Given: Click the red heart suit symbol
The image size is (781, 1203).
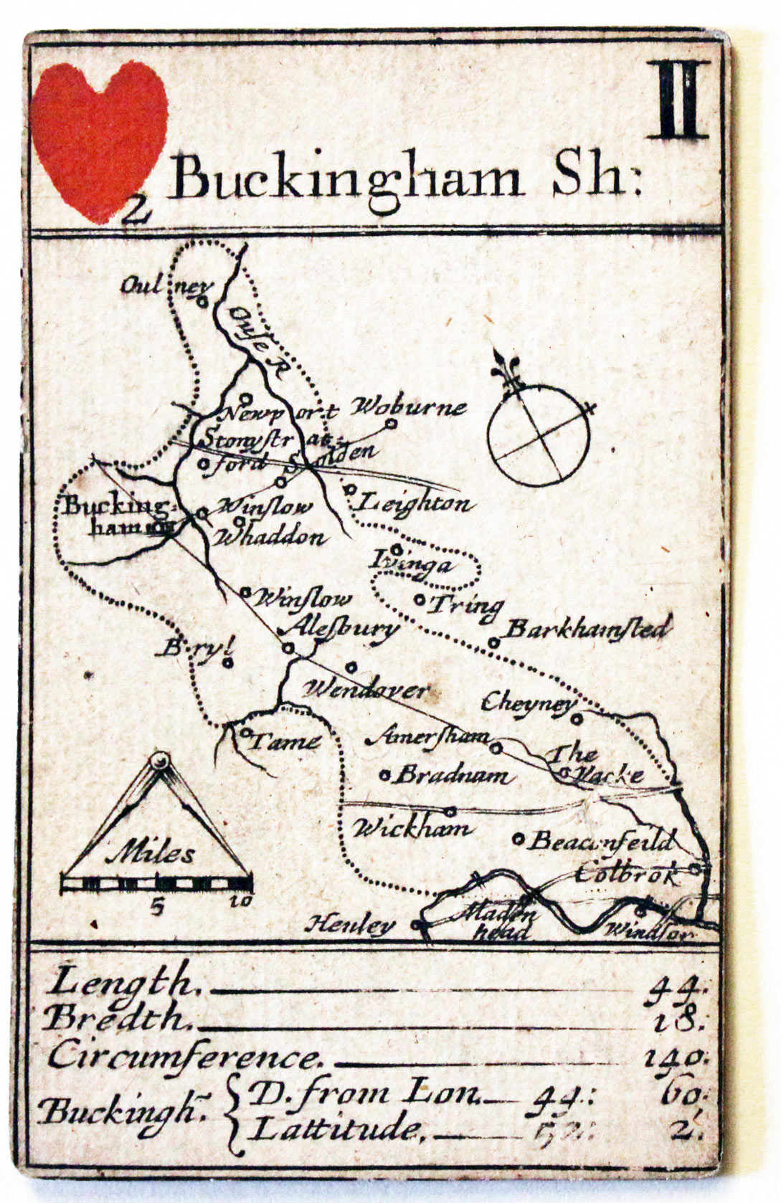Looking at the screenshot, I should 100,136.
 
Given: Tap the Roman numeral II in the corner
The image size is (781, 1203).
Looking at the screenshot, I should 678,100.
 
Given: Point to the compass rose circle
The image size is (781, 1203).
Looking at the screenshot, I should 538,437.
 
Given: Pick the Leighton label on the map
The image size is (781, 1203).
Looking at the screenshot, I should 415,503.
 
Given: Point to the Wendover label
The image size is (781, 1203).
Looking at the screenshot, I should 366,690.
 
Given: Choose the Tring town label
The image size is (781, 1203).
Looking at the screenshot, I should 465,606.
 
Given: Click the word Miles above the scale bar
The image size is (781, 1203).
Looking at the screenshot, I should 154,854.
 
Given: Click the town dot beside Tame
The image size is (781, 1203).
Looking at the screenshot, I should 245,733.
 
